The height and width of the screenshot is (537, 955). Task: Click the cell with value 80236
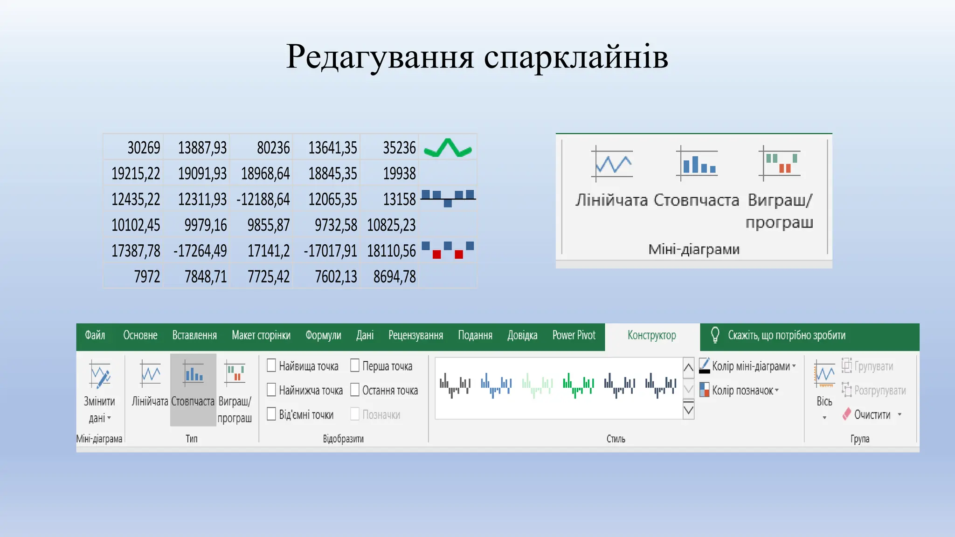click(x=273, y=148)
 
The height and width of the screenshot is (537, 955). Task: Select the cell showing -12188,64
click(x=263, y=200)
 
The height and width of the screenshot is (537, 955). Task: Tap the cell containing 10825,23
click(x=391, y=225)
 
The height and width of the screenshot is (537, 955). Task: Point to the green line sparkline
click(x=448, y=148)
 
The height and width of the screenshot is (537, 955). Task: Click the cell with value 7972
click(x=147, y=277)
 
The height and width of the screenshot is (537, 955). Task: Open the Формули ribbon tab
click(x=323, y=335)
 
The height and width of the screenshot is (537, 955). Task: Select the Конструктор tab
click(x=651, y=335)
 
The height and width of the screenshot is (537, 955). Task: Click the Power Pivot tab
click(x=574, y=335)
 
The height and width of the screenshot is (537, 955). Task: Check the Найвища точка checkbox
click(x=271, y=365)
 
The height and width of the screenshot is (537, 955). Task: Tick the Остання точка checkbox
click(x=355, y=390)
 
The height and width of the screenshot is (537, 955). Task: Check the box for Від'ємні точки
click(x=271, y=414)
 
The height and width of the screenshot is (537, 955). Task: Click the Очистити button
click(x=872, y=414)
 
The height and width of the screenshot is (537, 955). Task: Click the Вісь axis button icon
click(x=824, y=376)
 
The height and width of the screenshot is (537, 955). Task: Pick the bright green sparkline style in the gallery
click(x=578, y=385)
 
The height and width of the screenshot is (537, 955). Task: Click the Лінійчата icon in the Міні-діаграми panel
click(x=612, y=164)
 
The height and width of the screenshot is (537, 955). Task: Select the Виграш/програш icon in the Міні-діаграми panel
click(x=780, y=163)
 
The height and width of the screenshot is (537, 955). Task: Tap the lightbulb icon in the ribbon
click(x=715, y=335)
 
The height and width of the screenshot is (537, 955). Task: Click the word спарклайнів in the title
click(x=576, y=57)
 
